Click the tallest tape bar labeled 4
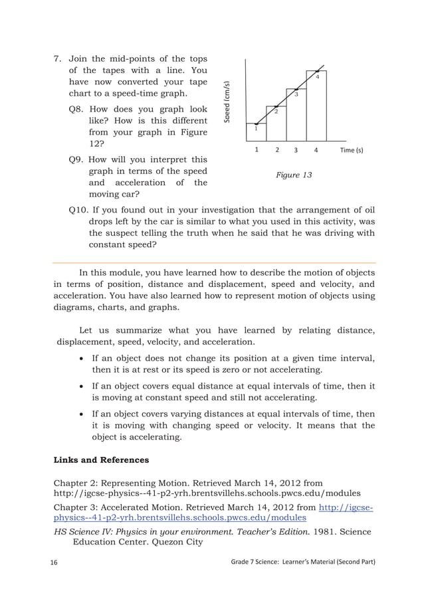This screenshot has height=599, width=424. (x=316, y=106)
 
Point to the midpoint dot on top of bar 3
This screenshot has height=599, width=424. (x=296, y=88)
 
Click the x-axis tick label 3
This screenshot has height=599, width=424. (x=296, y=150)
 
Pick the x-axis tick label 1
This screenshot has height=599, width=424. (x=257, y=150)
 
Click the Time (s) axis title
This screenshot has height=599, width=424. (x=352, y=150)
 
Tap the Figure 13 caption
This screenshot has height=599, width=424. (x=294, y=175)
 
